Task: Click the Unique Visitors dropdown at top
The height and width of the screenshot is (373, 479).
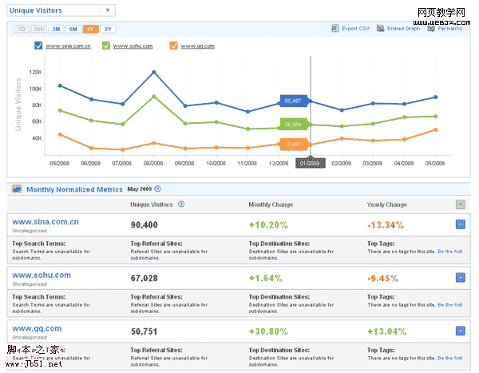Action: point(60,11)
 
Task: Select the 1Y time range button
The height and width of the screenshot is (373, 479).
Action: point(91,29)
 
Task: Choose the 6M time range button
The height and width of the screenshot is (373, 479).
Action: point(73,29)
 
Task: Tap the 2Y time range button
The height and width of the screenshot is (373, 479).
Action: point(109,29)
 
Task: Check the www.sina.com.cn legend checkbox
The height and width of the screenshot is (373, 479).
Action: point(39,46)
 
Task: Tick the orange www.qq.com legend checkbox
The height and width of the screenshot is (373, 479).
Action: point(173,46)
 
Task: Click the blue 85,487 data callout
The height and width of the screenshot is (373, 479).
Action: point(291,101)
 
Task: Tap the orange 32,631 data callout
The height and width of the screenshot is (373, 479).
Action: point(291,144)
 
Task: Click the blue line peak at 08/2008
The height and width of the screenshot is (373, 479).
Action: point(153,72)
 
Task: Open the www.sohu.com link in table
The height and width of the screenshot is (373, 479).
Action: point(42,275)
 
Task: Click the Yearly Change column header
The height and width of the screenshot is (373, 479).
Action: point(387,204)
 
